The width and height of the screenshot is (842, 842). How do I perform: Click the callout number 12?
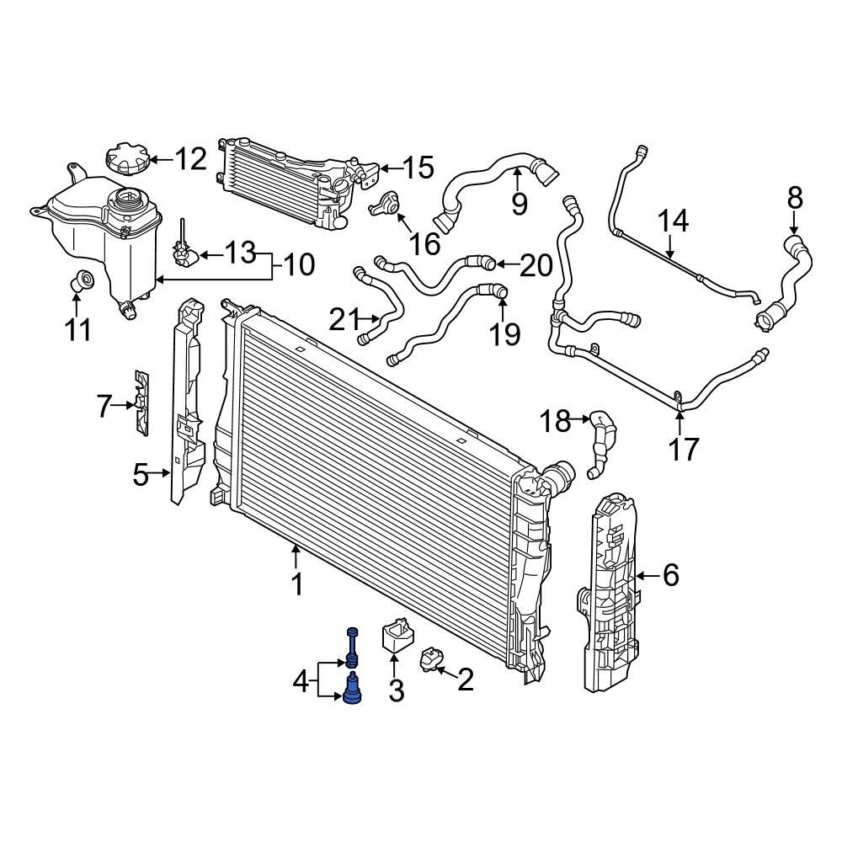[x=190, y=158]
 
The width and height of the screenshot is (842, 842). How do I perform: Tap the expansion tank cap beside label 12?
[x=127, y=159]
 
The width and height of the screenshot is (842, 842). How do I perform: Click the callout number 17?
[x=685, y=449]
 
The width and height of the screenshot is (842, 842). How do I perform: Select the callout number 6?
[x=670, y=576]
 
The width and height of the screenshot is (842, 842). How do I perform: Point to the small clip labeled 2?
[x=431, y=659]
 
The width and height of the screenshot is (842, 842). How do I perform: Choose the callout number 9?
[x=519, y=203]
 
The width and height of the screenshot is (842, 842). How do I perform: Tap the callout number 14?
[x=673, y=221]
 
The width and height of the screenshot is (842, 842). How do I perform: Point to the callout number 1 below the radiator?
[x=296, y=584]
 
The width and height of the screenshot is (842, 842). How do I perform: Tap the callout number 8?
[x=795, y=199]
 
